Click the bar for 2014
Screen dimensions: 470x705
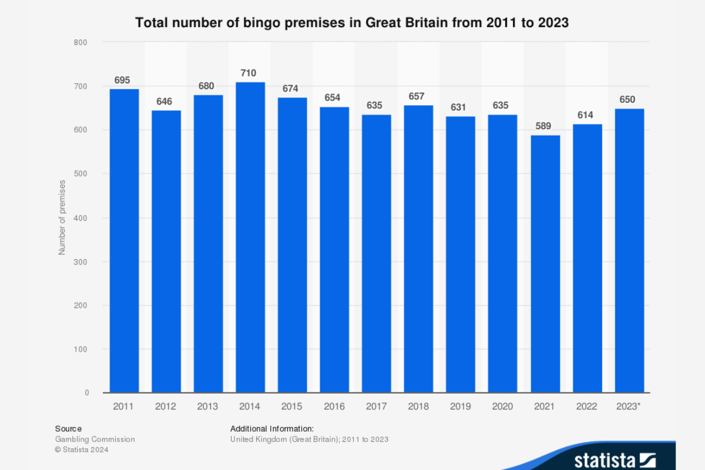(250, 237)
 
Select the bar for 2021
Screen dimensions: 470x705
(545, 264)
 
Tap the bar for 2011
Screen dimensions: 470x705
(124, 241)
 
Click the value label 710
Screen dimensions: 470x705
(249, 73)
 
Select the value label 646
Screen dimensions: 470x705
(164, 102)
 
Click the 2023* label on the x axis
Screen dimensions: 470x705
(629, 407)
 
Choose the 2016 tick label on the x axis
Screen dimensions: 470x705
(334, 407)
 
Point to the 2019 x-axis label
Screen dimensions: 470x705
(461, 407)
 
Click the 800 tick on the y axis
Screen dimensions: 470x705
(81, 42)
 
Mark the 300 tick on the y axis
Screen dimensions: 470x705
(81, 261)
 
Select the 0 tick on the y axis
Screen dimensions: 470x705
(86, 392)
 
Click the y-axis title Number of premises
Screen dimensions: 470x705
(62, 217)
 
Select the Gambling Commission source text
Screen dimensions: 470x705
(95, 439)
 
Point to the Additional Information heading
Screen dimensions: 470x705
(272, 428)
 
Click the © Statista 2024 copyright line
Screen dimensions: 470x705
(82, 449)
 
